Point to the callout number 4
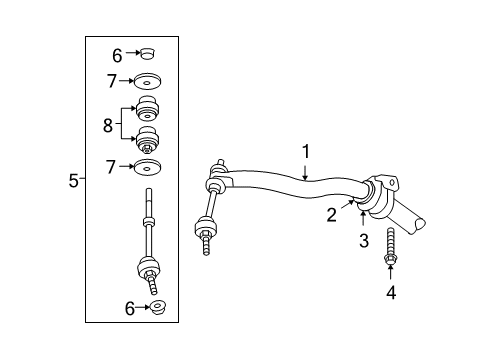coord(391,292)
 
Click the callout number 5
coord(72,180)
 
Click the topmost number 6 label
coord(116,56)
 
